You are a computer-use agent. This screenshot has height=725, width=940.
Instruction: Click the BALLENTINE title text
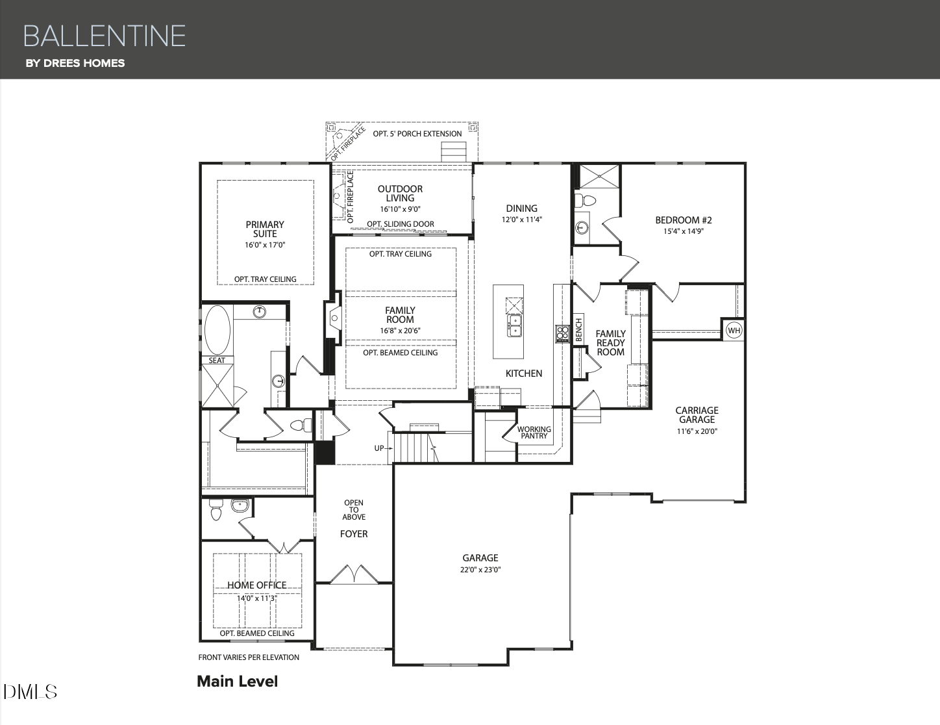(105, 36)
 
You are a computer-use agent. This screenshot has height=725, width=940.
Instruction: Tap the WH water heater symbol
(734, 331)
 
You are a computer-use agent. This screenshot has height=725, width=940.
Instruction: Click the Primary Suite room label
(265, 229)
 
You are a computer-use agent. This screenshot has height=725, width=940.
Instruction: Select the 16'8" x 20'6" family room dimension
(400, 331)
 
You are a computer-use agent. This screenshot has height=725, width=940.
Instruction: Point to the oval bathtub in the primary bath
(217, 330)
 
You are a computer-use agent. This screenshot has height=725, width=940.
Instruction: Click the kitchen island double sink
(514, 325)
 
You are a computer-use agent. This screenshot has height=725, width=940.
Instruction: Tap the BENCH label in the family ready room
(579, 330)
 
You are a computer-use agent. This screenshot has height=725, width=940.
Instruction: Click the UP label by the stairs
(379, 448)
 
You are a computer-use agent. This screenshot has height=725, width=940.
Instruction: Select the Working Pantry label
(534, 432)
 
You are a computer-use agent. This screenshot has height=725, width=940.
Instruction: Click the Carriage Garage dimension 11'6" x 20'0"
(697, 431)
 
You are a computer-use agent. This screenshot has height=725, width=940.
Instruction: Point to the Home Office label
(257, 585)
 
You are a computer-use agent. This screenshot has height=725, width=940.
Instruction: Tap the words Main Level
(238, 681)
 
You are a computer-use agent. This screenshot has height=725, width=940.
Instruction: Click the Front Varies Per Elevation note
(249, 657)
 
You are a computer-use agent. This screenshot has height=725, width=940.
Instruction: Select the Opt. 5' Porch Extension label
(417, 134)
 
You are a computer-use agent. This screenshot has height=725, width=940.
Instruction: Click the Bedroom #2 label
(684, 220)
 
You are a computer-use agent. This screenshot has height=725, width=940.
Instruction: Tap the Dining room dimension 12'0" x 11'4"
(522, 220)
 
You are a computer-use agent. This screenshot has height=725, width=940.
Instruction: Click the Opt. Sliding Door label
(401, 223)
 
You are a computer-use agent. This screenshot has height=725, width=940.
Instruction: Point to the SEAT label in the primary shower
(217, 360)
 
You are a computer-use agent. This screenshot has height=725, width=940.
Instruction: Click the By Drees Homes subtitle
(75, 63)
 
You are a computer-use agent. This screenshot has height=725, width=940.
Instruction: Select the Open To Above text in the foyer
(354, 509)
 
